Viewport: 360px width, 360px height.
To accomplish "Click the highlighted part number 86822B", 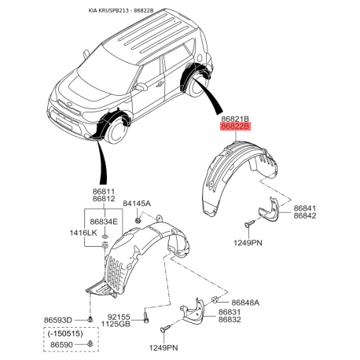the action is [235, 127].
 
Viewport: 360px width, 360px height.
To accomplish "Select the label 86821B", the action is [235, 119].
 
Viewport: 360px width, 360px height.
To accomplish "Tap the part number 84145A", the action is [137, 204].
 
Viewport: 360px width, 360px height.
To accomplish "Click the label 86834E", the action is [104, 222].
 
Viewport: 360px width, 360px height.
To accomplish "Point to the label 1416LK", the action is [83, 233].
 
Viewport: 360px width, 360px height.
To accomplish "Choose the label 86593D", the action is [57, 320].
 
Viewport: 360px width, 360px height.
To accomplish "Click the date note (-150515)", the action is [65, 333].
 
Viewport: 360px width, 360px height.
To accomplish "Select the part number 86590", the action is [61, 344].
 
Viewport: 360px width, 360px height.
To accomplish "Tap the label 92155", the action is [119, 317].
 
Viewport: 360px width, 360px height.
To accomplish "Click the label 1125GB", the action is [116, 324].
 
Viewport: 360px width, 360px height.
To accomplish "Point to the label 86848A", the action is [245, 303].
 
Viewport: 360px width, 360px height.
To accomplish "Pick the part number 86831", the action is [230, 312].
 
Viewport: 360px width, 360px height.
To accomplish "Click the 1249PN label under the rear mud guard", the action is [248, 243].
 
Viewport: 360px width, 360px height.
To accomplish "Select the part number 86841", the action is [305, 208].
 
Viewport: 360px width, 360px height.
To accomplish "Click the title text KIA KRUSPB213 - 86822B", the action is [121, 10].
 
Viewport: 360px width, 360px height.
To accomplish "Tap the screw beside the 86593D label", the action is [90, 319].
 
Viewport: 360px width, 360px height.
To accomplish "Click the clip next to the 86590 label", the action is [90, 343].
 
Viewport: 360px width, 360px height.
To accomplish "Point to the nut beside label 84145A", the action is [138, 219].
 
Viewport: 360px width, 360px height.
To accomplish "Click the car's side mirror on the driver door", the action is [141, 86].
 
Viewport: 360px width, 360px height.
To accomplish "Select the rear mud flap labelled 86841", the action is [269, 209].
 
